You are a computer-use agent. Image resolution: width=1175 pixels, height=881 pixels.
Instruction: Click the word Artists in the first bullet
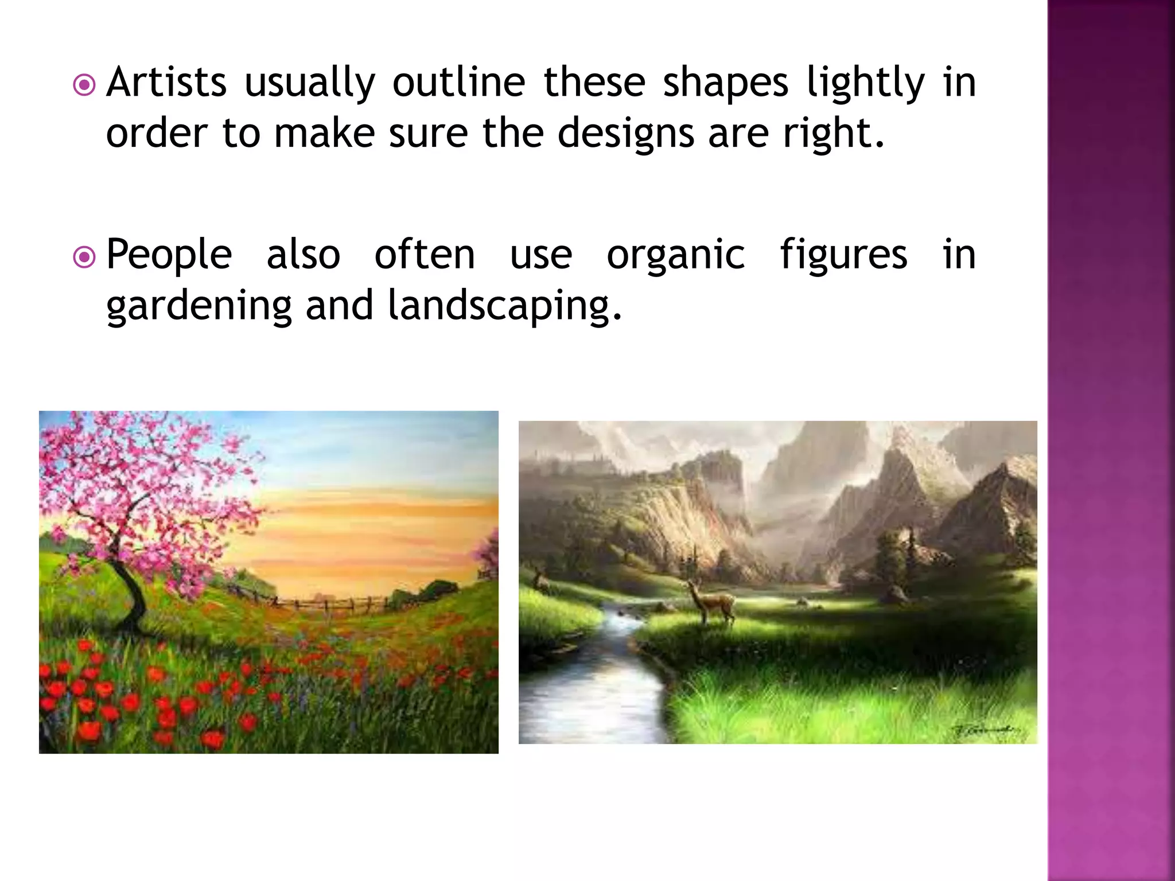[x=166, y=83]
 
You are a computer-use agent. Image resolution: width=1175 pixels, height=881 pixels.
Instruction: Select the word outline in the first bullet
[x=458, y=83]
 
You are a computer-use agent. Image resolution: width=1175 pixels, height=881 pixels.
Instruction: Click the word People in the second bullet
[x=169, y=256]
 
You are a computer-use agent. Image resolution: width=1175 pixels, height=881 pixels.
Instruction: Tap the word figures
[x=843, y=256]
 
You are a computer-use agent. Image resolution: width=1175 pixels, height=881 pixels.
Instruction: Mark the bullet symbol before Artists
[x=85, y=86]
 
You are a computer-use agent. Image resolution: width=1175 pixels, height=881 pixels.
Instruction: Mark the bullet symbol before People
[x=85, y=258]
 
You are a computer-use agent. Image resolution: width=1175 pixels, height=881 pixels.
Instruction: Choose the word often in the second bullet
[x=425, y=256]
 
